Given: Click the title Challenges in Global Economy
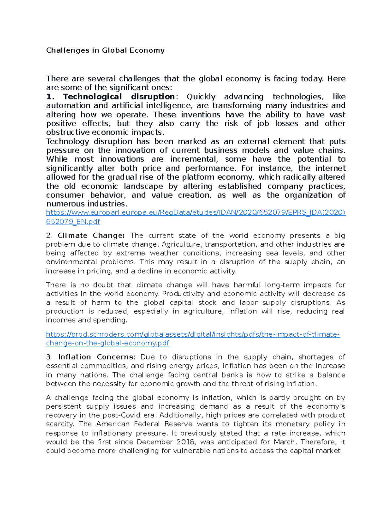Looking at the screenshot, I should point(105,50).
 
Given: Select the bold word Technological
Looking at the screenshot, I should point(92,97).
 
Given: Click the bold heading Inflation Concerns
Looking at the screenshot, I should point(96,357).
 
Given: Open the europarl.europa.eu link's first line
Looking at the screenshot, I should point(196,213).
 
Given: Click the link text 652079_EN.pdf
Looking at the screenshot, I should point(73,221).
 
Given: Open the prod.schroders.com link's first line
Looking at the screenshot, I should point(193,334).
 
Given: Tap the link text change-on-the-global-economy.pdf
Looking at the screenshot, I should point(108,343).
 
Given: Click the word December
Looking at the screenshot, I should point(155,442).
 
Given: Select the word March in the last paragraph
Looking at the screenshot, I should point(284,442).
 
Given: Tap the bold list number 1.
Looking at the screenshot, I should point(50,97).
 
